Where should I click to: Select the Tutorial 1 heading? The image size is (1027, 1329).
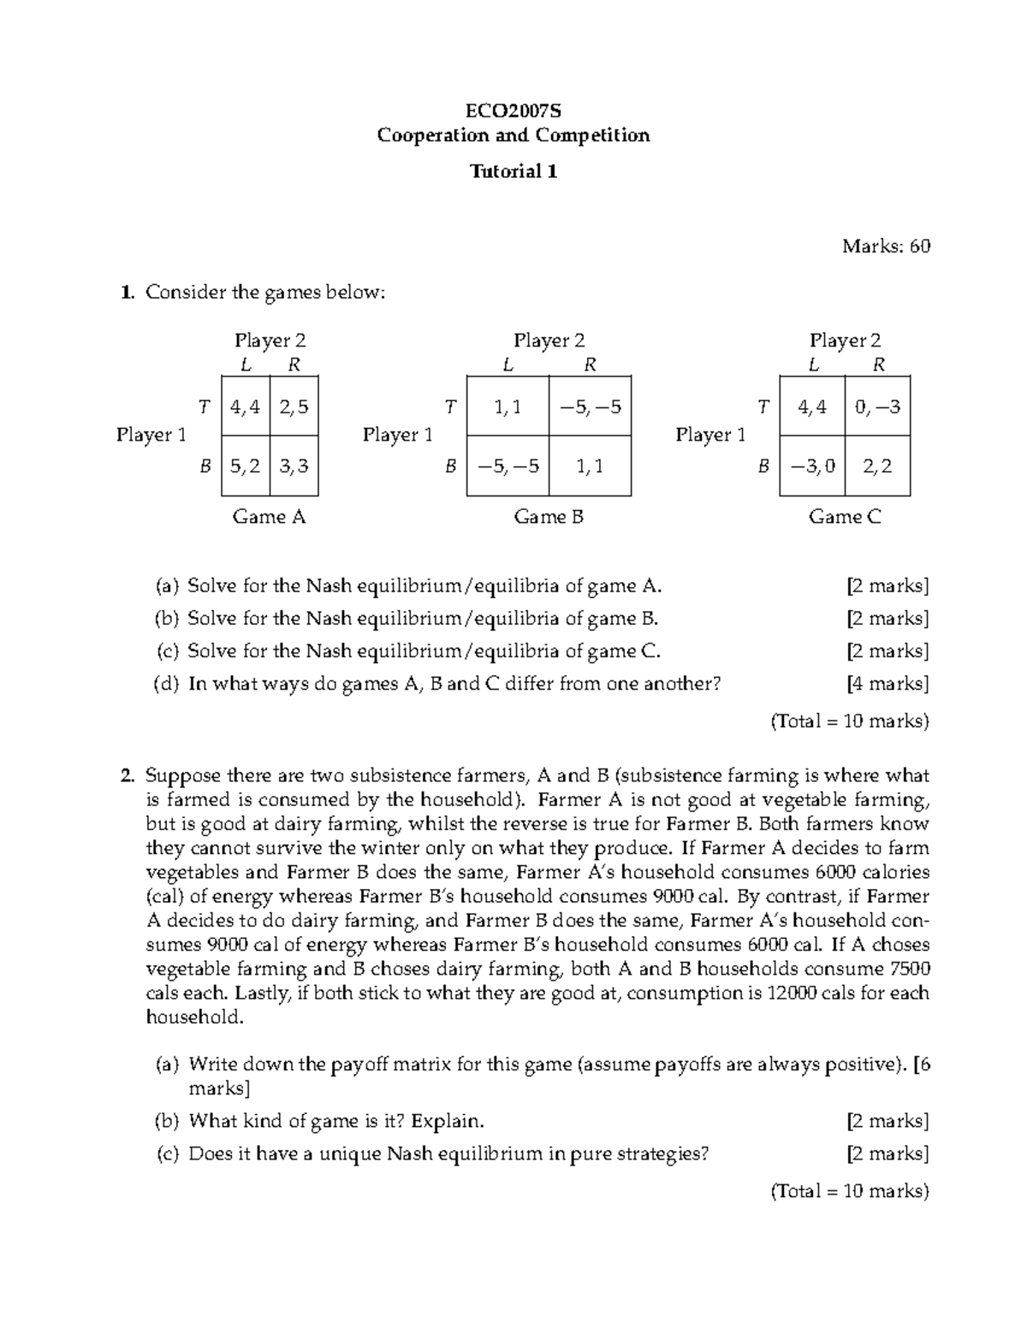[513, 171]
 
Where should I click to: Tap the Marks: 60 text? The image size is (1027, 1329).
[886, 246]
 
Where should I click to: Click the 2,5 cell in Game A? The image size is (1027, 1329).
[294, 406]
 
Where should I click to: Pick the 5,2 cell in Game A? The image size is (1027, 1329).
[245, 466]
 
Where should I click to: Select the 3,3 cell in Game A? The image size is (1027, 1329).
[294, 466]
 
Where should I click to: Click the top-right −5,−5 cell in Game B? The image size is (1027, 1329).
[590, 406]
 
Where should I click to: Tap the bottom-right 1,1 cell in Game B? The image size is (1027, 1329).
[590, 466]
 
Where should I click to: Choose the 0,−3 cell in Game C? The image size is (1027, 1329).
[877, 406]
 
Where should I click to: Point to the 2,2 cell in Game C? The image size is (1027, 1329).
[877, 466]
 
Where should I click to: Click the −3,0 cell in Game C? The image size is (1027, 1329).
[811, 466]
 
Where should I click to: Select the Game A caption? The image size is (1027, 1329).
[269, 516]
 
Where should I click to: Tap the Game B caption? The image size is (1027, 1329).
[549, 516]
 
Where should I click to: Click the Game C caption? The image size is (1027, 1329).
[845, 516]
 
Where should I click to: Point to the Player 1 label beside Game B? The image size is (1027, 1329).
[397, 435]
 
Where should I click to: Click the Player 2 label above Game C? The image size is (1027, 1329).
[845, 341]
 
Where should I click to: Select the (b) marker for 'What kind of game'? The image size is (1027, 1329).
[168, 1121]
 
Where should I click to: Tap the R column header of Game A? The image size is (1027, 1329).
[294, 365]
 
